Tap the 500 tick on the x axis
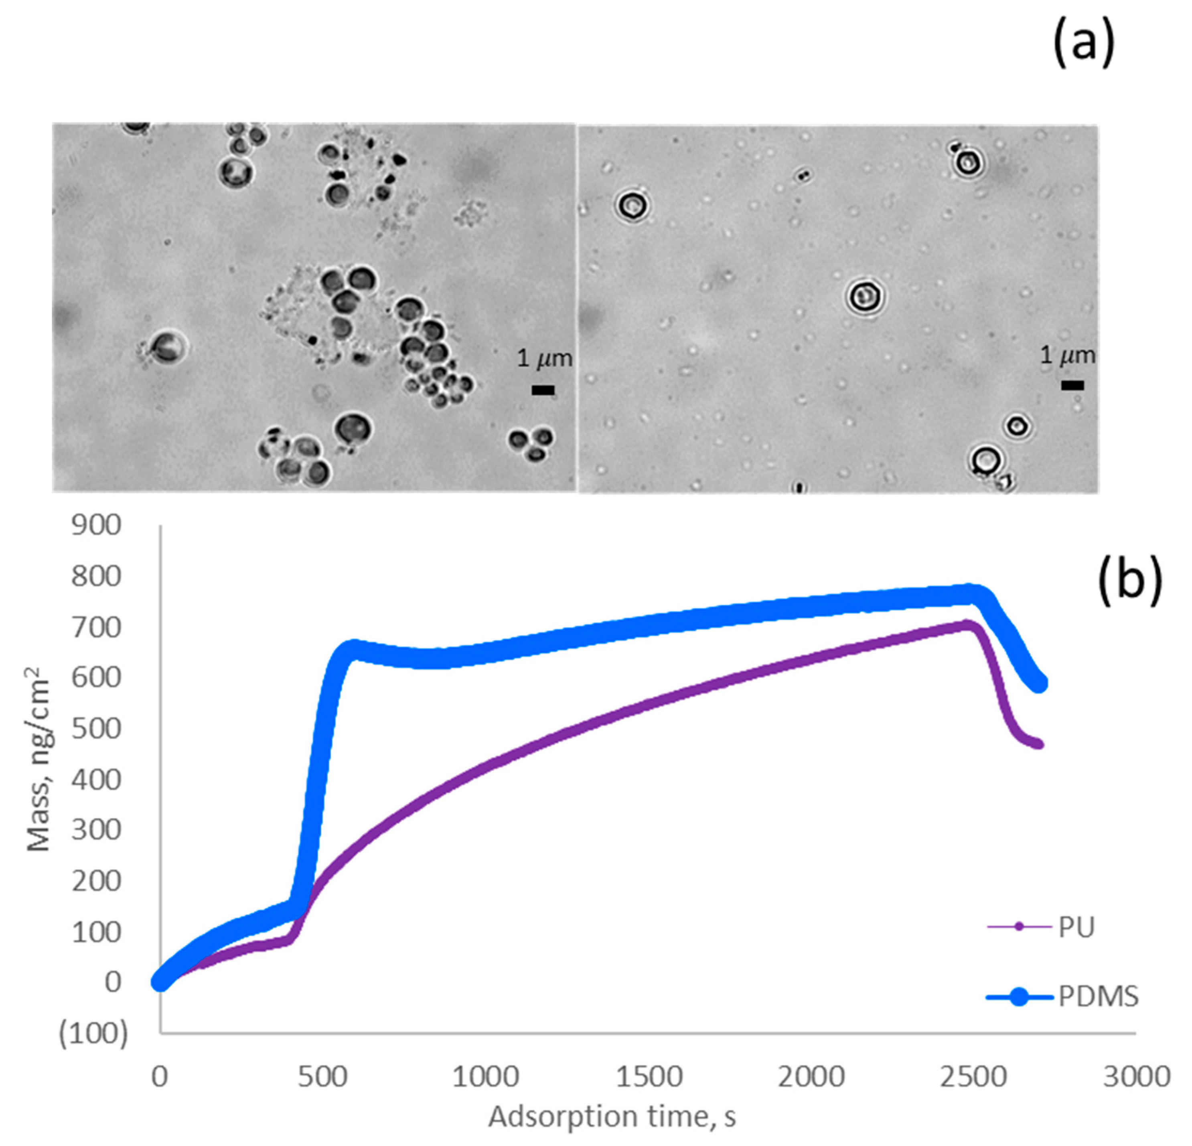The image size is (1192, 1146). [x=322, y=1077]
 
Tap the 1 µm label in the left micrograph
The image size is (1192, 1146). [x=544, y=359]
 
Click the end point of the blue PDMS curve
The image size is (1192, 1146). [x=1039, y=683]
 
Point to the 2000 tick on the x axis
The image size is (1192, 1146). [x=811, y=1077]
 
